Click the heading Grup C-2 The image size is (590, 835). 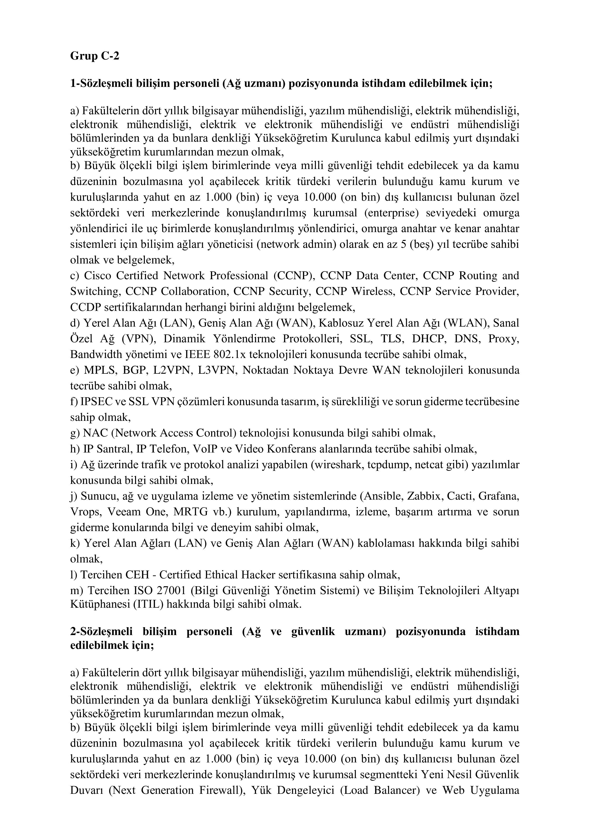(x=94, y=56)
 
